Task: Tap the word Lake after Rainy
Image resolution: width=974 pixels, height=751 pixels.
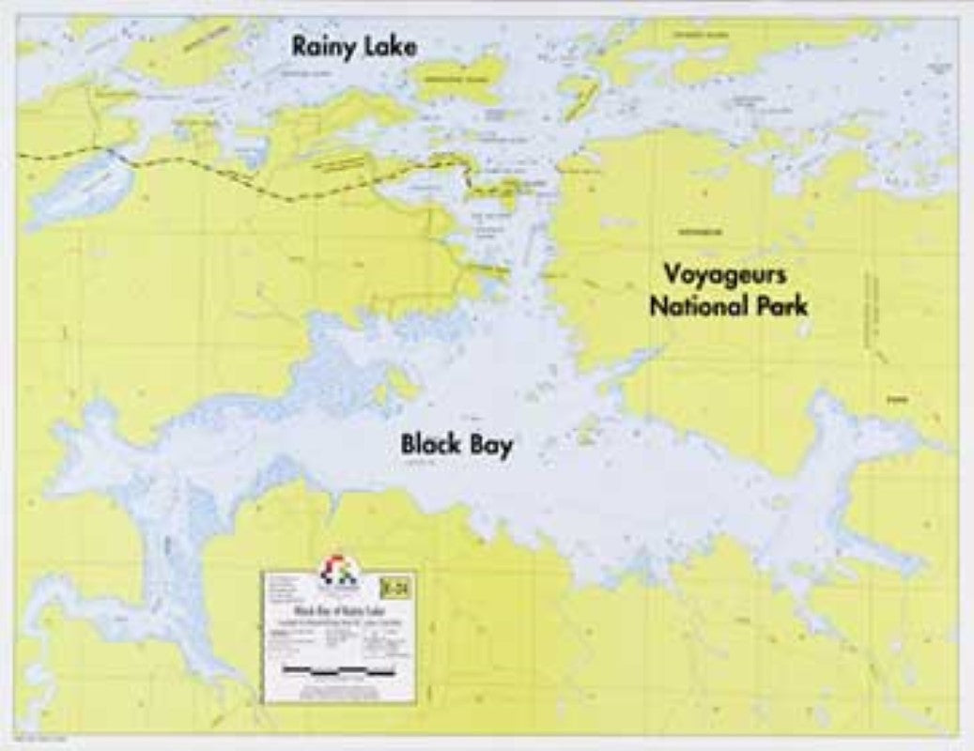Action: (x=386, y=46)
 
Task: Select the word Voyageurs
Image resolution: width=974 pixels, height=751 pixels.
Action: (x=734, y=276)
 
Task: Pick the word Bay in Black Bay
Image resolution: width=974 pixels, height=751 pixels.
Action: (x=492, y=446)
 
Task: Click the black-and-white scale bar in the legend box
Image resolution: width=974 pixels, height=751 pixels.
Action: (x=338, y=670)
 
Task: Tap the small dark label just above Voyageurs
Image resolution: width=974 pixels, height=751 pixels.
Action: (x=696, y=228)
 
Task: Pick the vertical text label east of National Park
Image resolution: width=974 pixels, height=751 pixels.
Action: (x=874, y=314)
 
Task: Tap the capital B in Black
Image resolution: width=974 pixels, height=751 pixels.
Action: (x=410, y=444)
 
